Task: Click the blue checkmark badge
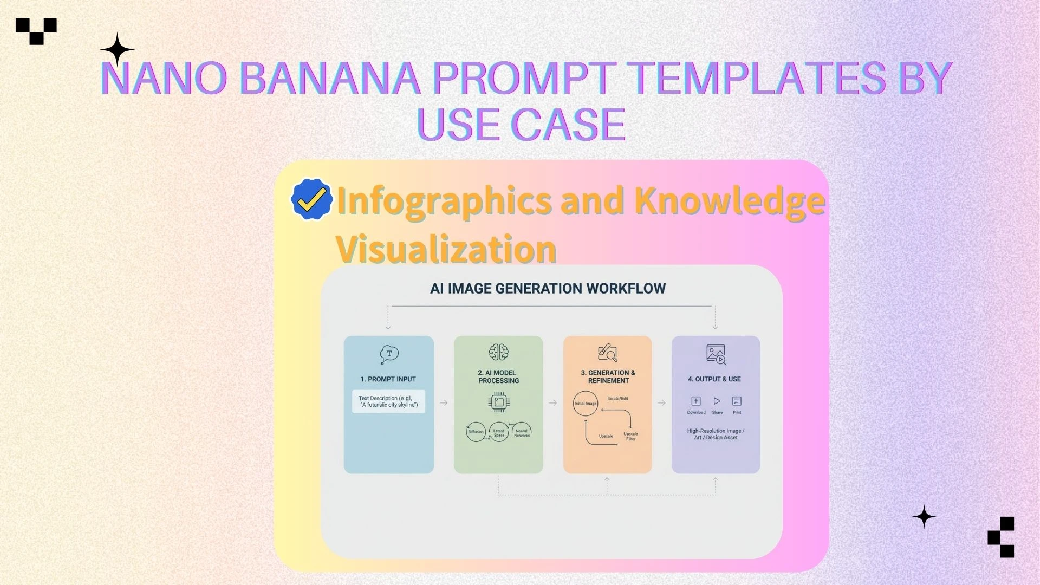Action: (x=311, y=199)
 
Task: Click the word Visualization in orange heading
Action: (x=446, y=250)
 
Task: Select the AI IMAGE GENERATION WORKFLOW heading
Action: (x=548, y=288)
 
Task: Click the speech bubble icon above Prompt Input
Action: (x=389, y=354)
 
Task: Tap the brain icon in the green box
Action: (x=498, y=352)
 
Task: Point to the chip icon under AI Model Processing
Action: (x=498, y=402)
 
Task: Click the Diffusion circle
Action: (x=476, y=432)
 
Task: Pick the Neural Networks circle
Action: (x=522, y=432)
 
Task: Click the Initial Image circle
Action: (x=586, y=404)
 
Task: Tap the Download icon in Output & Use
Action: (x=696, y=401)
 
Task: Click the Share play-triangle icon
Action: (x=717, y=401)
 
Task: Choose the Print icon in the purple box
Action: (x=737, y=401)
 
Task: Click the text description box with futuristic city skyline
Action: (x=388, y=401)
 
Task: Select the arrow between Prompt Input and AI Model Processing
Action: (x=444, y=403)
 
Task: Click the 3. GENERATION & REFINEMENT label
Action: (x=608, y=376)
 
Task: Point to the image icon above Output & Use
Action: (x=716, y=354)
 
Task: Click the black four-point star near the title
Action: (x=117, y=50)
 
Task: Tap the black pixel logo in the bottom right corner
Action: (x=1002, y=537)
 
